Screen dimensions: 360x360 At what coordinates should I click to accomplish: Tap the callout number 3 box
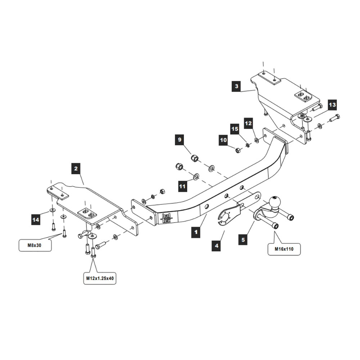236,86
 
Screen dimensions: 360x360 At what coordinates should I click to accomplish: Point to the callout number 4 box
216,246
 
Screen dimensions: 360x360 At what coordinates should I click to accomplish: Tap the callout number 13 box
332,105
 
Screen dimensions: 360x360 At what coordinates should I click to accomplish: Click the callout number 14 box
36,219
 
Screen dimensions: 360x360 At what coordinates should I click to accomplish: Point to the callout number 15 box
235,129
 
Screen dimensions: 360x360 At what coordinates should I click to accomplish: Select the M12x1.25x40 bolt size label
100,278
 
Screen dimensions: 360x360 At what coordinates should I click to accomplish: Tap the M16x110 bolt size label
284,248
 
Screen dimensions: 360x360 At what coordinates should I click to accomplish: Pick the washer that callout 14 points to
53,210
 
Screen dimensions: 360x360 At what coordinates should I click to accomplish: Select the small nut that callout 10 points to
238,150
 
